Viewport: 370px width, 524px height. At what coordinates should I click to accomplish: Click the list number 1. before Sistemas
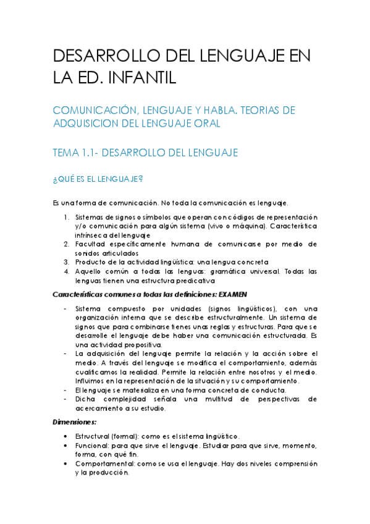pyautogui.click(x=67, y=218)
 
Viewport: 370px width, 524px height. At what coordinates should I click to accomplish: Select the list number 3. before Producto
pyautogui.click(x=67, y=262)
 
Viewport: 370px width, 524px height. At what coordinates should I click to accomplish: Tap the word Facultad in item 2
pyautogui.click(x=93, y=244)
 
